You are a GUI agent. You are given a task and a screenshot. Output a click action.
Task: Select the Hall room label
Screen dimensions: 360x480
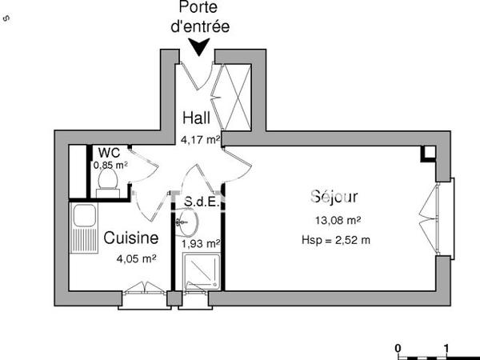196,118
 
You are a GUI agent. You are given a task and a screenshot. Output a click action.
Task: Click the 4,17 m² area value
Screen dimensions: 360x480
200,139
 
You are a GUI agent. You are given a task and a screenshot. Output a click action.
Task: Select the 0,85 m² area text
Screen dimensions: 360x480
110,165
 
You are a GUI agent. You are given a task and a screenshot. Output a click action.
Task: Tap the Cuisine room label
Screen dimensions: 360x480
131,238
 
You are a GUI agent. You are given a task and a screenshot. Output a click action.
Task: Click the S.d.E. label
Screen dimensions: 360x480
201,202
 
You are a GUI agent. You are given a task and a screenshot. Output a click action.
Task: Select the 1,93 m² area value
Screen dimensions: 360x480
201,243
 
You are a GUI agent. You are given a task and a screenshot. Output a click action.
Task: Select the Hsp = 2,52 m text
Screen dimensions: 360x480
336,238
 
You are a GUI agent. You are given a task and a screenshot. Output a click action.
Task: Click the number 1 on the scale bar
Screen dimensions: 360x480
446,348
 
